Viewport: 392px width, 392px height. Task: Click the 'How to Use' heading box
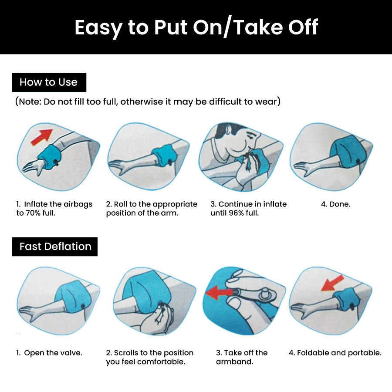[49, 82]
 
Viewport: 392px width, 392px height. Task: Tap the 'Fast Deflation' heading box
[55, 247]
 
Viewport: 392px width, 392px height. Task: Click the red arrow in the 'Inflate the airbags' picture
[41, 137]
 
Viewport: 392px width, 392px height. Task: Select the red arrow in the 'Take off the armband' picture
[219, 292]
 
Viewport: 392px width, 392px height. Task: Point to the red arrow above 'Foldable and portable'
[332, 283]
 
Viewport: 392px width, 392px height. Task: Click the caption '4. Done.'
[335, 204]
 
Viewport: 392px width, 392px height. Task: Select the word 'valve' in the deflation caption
[71, 353]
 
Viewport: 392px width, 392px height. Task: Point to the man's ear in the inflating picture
[228, 129]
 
